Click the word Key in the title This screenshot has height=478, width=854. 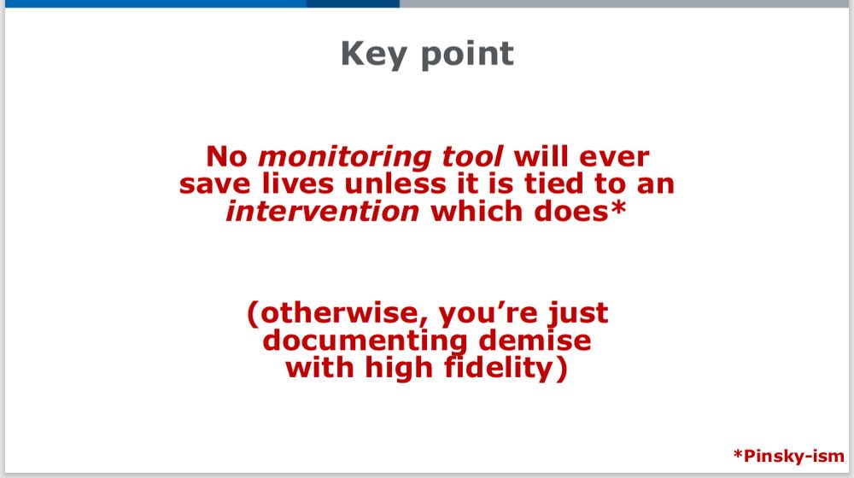(374, 55)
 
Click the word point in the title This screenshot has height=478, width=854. (467, 55)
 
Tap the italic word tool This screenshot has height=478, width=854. (472, 157)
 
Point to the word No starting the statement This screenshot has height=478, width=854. (227, 157)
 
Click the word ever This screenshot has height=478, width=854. (614, 158)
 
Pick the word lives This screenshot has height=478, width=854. (297, 184)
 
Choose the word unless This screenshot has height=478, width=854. (395, 184)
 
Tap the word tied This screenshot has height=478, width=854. (553, 184)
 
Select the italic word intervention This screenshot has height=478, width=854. (323, 211)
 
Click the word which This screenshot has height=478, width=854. (477, 211)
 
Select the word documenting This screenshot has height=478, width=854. (365, 341)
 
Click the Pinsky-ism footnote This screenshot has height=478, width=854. (788, 456)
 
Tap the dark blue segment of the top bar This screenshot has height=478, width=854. (353, 3)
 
